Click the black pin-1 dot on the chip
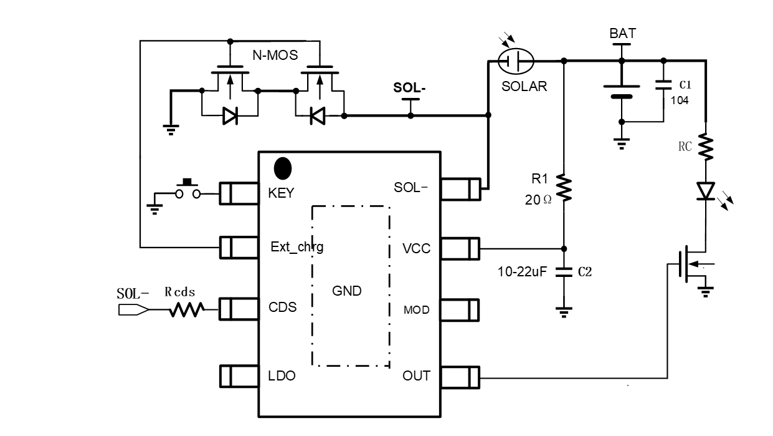[283, 168]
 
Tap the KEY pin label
[282, 193]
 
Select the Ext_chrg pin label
[297, 247]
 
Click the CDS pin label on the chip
[282, 308]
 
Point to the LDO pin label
[282, 376]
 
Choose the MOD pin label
[417, 309]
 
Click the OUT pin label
[416, 376]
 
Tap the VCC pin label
[417, 249]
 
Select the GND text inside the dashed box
[348, 291]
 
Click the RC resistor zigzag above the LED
[706, 148]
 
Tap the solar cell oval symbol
[516, 61]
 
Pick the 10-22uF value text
[523, 272]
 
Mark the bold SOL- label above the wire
[410, 87]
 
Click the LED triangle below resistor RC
[706, 190]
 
